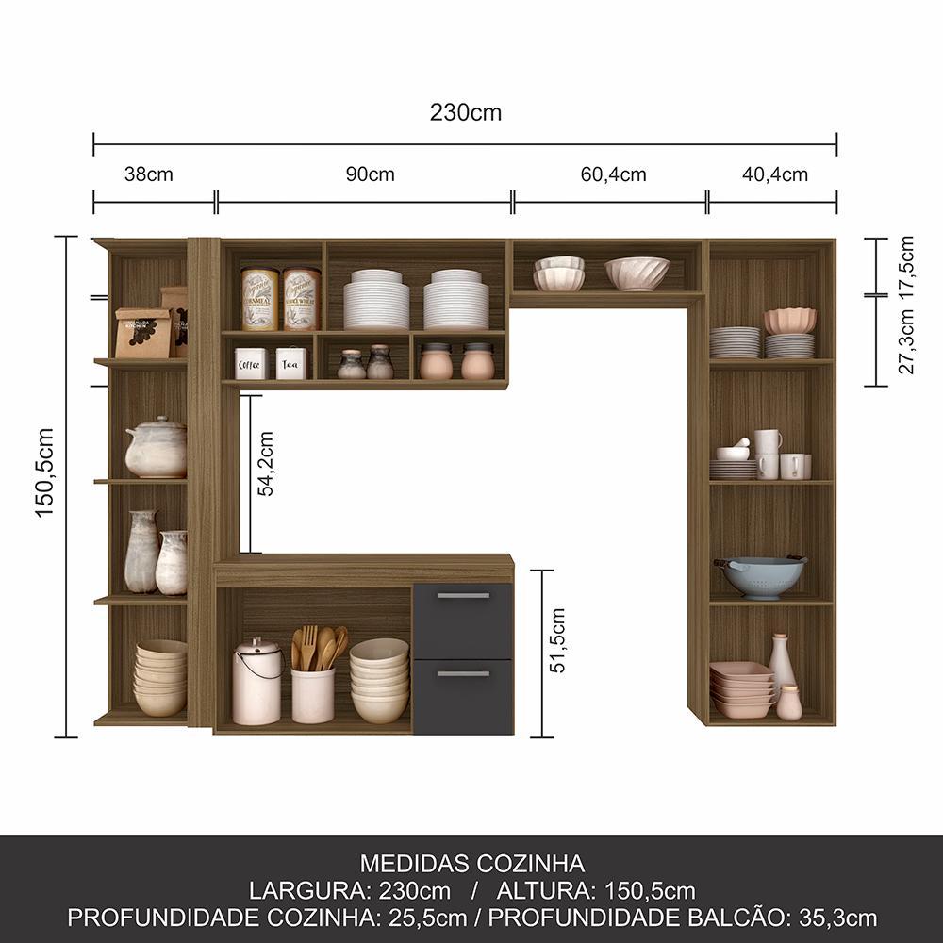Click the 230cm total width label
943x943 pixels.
466,112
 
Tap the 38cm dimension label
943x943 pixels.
149,174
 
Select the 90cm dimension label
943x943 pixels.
370,174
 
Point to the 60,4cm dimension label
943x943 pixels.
614,174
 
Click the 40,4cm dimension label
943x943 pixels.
774,174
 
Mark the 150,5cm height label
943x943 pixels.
44,472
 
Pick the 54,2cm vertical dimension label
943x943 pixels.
265,464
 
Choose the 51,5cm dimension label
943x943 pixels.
557,640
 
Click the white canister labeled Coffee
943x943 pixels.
251,363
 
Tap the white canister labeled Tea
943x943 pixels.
291,362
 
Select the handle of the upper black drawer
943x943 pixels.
463,596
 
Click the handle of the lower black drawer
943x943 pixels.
463,674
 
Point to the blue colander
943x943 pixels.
761,577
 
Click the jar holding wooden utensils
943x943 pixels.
313,695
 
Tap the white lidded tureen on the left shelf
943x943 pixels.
157,447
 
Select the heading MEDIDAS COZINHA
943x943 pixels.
472,864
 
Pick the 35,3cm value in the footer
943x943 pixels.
837,918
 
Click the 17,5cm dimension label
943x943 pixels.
906,263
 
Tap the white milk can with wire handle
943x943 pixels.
257,682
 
